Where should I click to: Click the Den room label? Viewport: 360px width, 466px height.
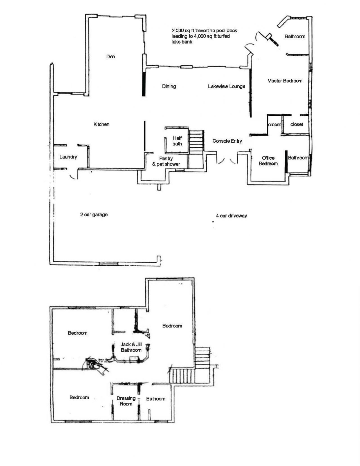click(111, 57)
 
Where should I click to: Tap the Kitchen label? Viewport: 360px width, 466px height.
click(101, 124)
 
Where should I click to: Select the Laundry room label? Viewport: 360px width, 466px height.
click(68, 157)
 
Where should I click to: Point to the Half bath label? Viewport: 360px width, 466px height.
click(177, 141)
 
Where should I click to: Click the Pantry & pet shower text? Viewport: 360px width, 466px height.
click(166, 161)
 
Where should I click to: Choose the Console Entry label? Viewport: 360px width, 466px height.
click(227, 141)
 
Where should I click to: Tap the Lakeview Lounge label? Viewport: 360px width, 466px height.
click(226, 86)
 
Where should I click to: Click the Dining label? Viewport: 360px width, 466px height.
click(169, 86)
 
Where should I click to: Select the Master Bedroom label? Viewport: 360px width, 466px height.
click(285, 81)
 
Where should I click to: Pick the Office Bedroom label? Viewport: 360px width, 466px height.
click(268, 161)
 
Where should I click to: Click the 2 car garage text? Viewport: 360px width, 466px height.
click(94, 215)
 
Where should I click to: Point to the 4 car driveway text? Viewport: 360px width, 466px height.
click(231, 216)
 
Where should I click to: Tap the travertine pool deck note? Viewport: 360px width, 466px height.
click(204, 36)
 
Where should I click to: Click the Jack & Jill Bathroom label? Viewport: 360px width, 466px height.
click(131, 347)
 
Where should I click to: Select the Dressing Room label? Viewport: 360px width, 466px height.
click(126, 401)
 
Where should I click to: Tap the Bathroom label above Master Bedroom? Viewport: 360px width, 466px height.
click(295, 36)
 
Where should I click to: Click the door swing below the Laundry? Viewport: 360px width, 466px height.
click(73, 175)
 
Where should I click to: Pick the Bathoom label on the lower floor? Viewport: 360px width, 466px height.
click(156, 399)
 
